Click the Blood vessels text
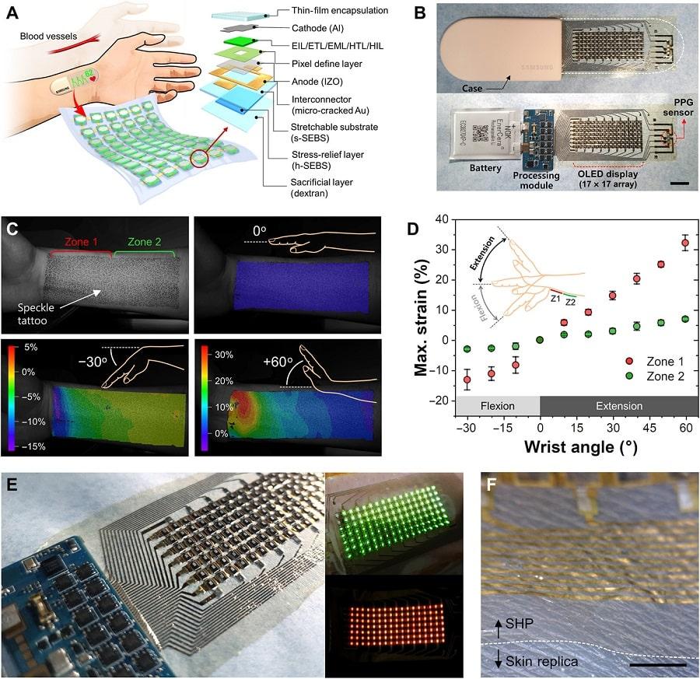[53, 37]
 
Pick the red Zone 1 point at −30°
[467, 380]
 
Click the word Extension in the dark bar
[619, 405]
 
